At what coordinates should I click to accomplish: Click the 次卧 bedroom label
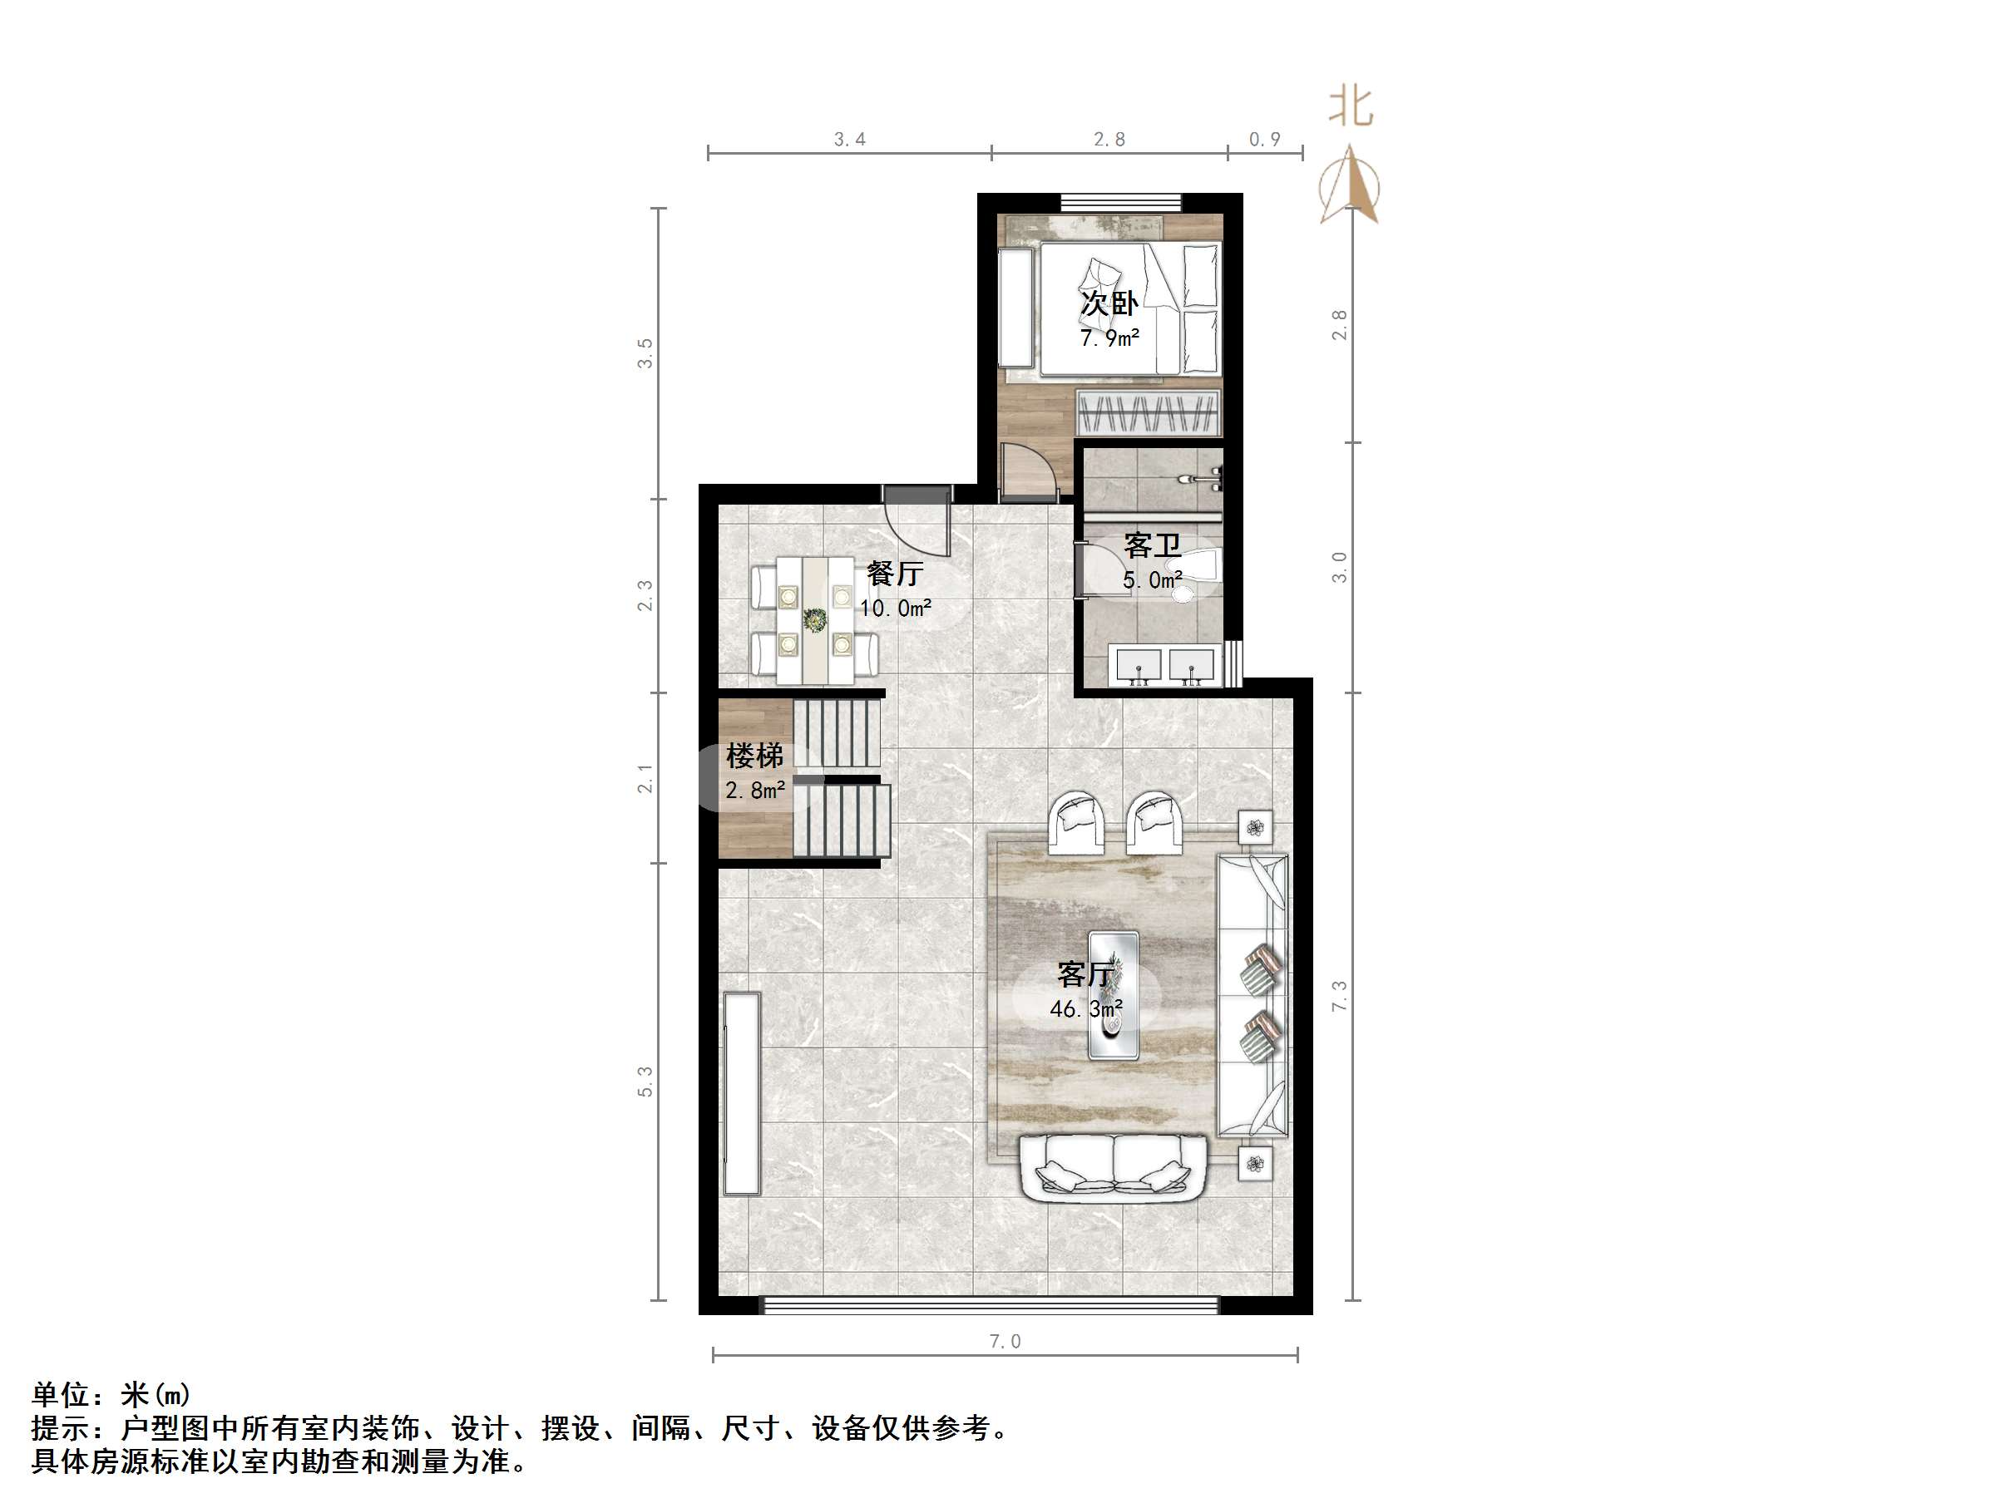tap(1109, 303)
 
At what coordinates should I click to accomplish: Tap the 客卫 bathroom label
tap(1152, 545)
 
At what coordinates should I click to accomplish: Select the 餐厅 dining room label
tap(895, 573)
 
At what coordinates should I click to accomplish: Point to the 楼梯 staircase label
tap(754, 756)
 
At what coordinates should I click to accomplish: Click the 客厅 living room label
tap(1085, 974)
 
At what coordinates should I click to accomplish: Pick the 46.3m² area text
tap(1085, 1009)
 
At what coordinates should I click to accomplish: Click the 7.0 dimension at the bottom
tap(1005, 1342)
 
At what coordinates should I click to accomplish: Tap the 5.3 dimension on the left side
tap(645, 1082)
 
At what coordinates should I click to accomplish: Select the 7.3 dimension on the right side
tap(1339, 996)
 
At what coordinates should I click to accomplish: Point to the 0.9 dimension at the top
tap(1263, 139)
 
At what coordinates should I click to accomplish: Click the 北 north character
tap(1351, 106)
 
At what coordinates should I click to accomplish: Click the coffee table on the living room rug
tap(1114, 995)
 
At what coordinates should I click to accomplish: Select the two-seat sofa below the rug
tap(1114, 1168)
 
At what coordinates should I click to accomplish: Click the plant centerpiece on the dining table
tap(814, 621)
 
